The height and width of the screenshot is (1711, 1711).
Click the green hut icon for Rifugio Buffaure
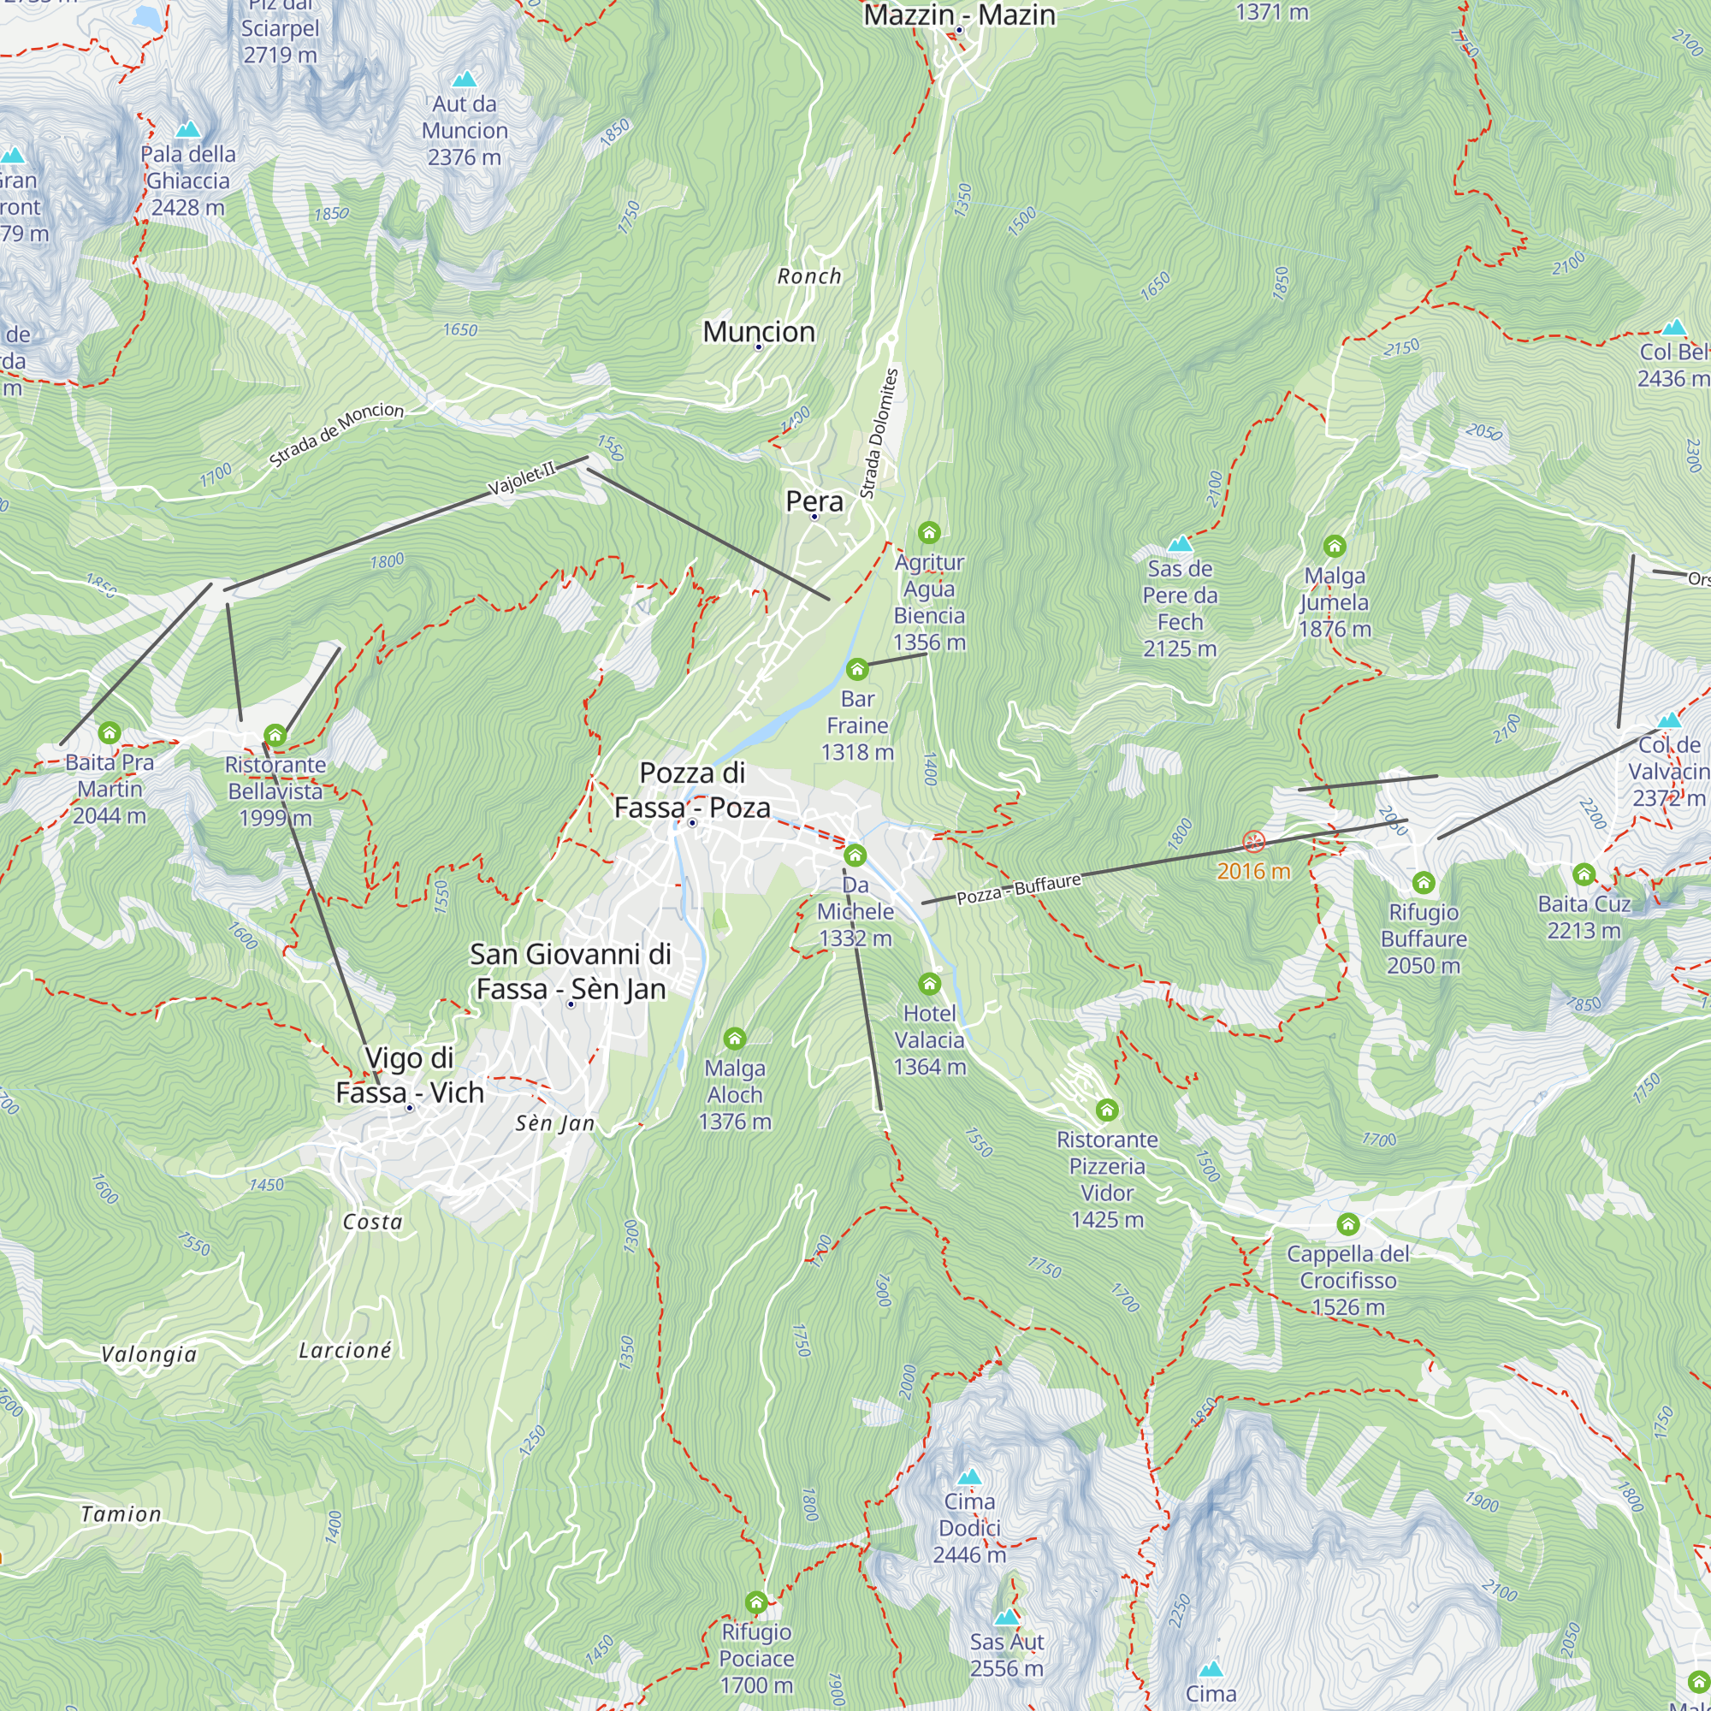[1424, 882]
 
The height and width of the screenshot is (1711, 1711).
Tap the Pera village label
[814, 501]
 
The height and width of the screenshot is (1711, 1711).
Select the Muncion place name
[759, 332]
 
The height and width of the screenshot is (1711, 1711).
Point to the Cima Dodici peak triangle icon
[970, 1477]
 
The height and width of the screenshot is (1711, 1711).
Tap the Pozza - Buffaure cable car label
[1018, 889]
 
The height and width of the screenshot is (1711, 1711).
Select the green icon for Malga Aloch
[734, 1038]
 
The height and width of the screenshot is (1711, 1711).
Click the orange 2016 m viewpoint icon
[1253, 841]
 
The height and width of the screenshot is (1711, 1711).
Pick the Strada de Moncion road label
[336, 434]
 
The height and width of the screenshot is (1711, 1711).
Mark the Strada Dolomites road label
[879, 433]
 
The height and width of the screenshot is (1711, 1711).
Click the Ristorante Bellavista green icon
[275, 735]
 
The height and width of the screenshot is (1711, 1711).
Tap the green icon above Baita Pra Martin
[110, 732]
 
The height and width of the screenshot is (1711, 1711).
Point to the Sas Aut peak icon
[1007, 1618]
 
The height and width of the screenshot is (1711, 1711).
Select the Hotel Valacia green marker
[929, 984]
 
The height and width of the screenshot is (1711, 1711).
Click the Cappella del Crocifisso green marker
[1348, 1224]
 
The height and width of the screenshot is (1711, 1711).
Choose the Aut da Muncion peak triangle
[464, 80]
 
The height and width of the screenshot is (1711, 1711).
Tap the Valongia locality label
[149, 1354]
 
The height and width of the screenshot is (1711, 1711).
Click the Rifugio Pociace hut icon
[755, 1602]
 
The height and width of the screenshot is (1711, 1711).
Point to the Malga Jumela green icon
[1335, 546]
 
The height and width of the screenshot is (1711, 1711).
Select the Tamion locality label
[121, 1514]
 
